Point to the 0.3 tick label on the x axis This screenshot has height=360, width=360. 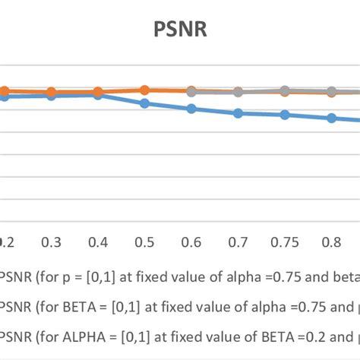[x=52, y=242]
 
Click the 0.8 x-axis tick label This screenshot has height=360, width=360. [x=331, y=242]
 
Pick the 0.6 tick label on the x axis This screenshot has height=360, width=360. [x=191, y=242]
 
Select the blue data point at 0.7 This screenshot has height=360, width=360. [x=238, y=113]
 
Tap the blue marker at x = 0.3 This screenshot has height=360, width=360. [x=52, y=95]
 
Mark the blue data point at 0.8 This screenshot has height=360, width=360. [x=331, y=118]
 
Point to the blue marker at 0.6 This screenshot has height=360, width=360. [x=191, y=109]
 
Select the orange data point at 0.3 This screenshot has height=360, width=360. [x=52, y=92]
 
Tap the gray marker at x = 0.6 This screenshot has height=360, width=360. [x=191, y=91]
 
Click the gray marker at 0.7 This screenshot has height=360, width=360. [x=238, y=92]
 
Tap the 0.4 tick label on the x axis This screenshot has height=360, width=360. [x=98, y=242]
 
